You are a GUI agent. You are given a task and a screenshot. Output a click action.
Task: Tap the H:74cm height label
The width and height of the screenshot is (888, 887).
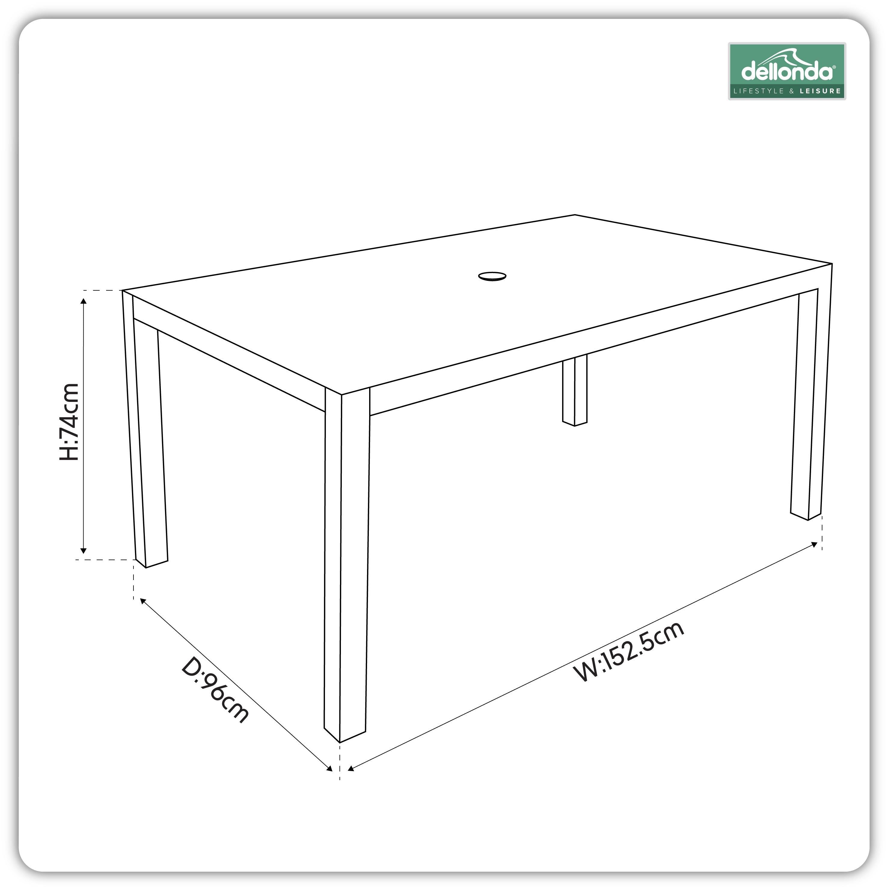point(69,422)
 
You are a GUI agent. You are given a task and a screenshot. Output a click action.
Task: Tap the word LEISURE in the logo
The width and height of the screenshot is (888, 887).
point(820,91)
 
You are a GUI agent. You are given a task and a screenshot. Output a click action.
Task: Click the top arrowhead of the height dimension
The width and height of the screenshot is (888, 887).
point(83,301)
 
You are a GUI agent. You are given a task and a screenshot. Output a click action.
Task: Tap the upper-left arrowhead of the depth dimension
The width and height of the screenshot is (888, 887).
point(142,601)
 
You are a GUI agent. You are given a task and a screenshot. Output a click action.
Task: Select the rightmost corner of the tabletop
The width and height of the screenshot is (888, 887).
point(831,264)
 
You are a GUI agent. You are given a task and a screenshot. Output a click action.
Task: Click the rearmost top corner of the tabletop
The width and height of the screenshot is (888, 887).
point(574,215)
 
